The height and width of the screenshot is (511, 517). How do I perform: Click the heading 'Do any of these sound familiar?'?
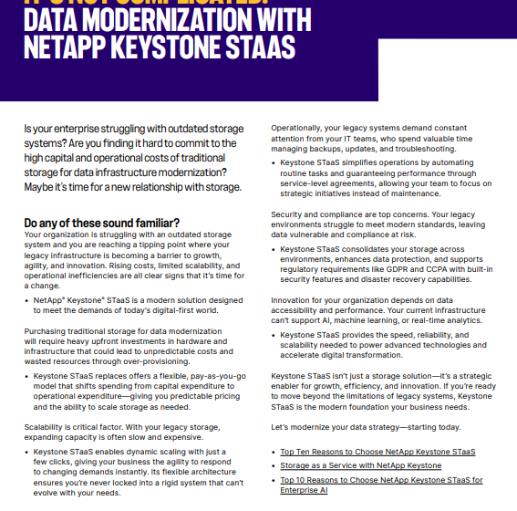coord(101,223)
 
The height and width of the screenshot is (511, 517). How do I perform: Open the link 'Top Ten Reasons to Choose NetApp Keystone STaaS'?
coord(377,452)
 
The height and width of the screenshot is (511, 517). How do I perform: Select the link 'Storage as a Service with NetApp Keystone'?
coord(360,465)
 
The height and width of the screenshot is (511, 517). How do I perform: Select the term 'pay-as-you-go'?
coord(215,375)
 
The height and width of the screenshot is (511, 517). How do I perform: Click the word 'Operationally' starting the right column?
coord(298,129)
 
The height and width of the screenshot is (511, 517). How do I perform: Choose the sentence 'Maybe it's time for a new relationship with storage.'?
coord(133,187)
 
